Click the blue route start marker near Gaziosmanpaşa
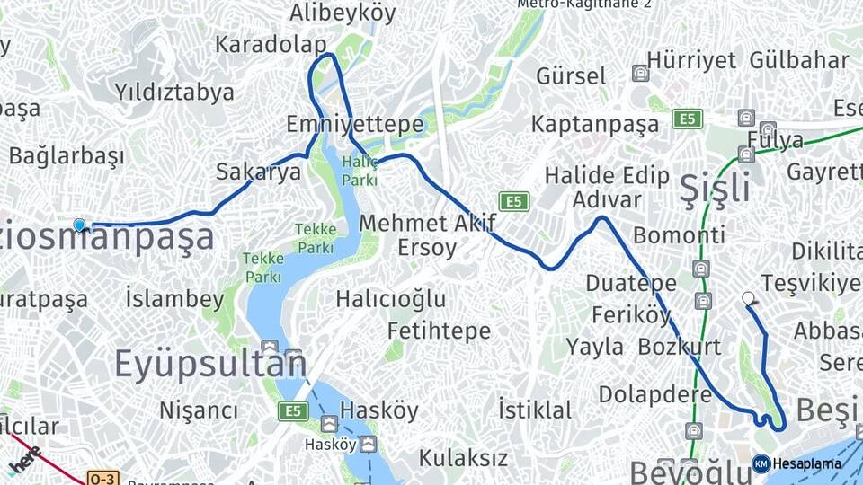tap(79, 225)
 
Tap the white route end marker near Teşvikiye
tap(748, 298)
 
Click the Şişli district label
tap(715, 189)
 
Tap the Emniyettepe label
tap(354, 124)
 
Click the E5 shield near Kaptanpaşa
tap(688, 119)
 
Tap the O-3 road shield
tap(103, 477)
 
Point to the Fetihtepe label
tap(440, 331)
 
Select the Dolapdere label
tap(655, 394)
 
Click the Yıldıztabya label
tap(174, 92)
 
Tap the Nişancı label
tap(199, 410)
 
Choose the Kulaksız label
tap(463, 457)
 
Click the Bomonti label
tap(679, 235)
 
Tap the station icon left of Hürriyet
tap(639, 73)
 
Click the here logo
tap(26, 459)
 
